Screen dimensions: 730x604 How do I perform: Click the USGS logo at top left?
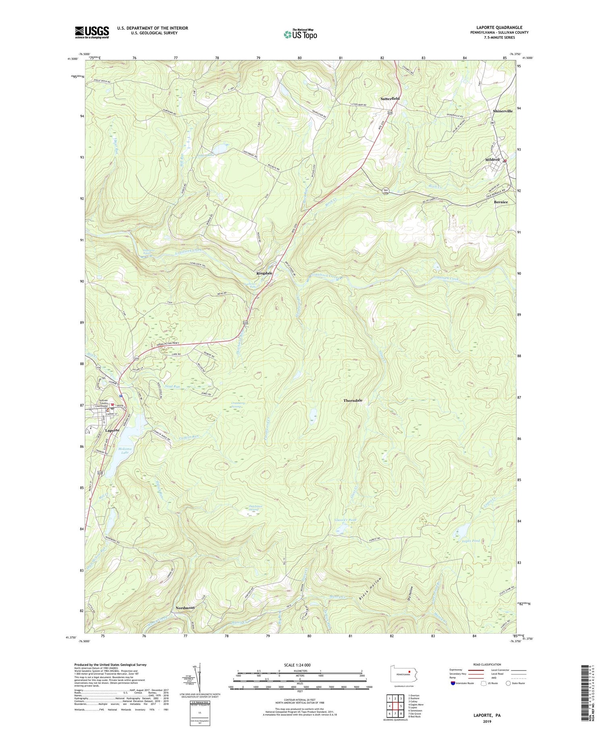click(x=92, y=32)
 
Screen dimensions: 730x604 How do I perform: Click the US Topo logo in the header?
click(x=300, y=34)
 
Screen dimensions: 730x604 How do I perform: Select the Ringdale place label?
click(x=265, y=273)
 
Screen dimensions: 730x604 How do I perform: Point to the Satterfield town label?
click(x=390, y=99)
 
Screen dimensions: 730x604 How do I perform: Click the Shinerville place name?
click(x=503, y=111)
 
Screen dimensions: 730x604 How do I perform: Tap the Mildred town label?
click(x=492, y=159)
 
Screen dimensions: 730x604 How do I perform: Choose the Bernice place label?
click(x=501, y=202)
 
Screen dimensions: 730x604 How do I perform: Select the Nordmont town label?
click(x=185, y=608)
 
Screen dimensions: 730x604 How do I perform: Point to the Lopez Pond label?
click(x=471, y=541)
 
